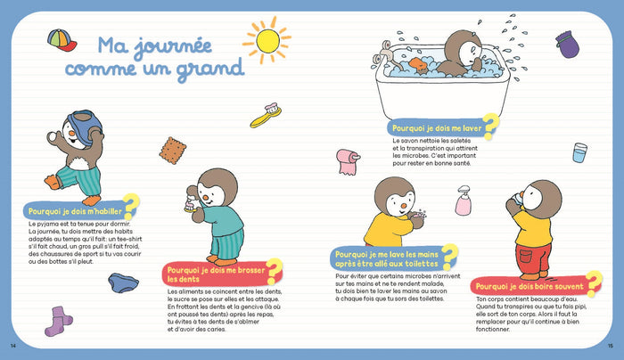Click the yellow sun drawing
[266, 40]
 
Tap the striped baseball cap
[61, 40]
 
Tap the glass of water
[580, 152]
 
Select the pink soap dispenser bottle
[464, 200]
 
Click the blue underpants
[122, 282]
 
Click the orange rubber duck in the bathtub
[418, 64]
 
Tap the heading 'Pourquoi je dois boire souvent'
[530, 286]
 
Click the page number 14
[12, 346]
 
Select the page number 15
[611, 346]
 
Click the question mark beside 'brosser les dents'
[274, 269]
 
